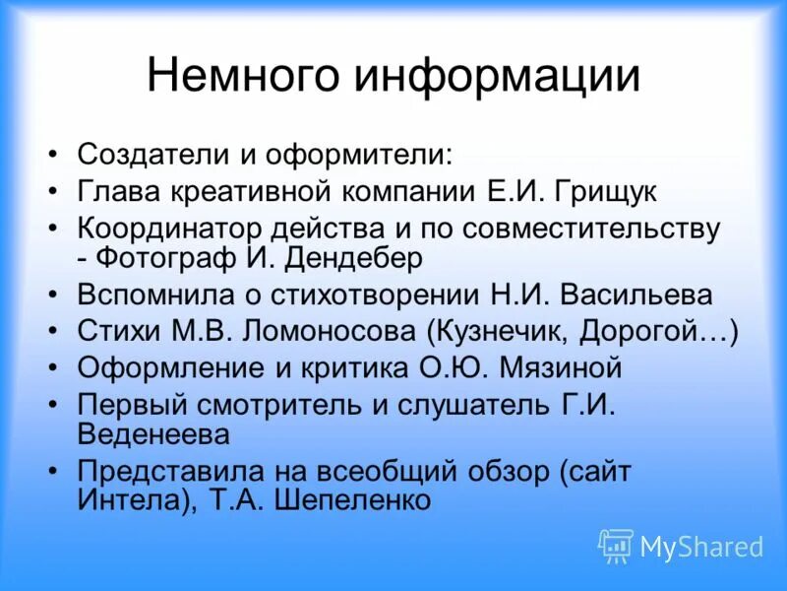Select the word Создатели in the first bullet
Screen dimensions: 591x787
click(x=151, y=155)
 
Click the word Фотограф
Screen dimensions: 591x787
click(x=176, y=258)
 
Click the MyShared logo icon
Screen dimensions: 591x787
click(x=616, y=546)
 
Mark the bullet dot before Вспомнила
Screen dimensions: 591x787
click(x=54, y=295)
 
